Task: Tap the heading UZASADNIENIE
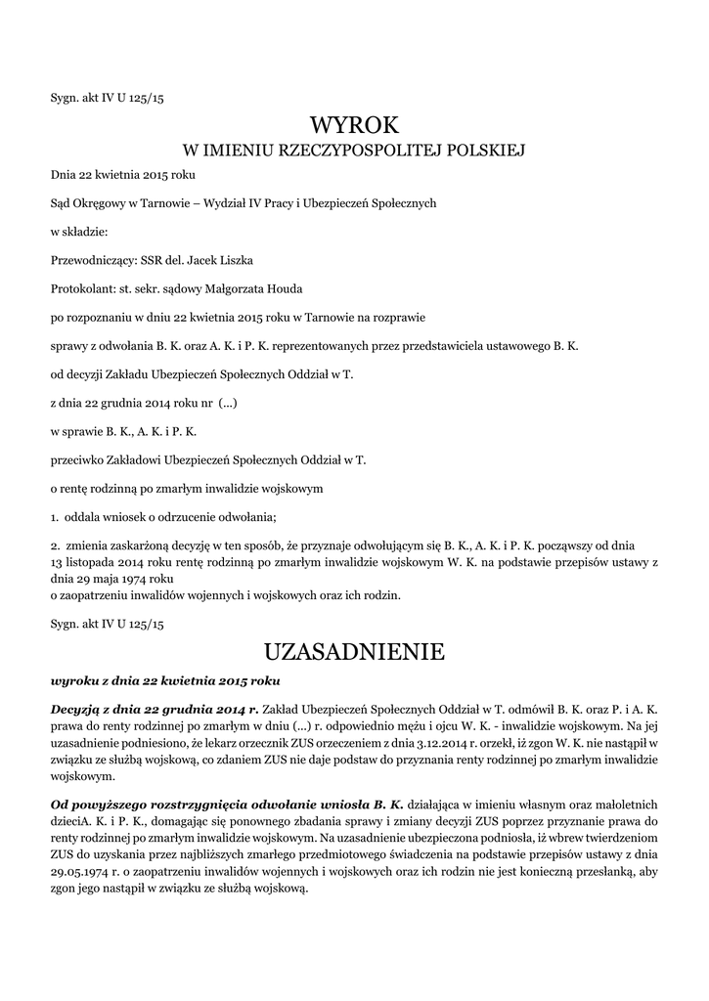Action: [355, 650]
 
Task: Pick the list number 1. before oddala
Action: [55, 515]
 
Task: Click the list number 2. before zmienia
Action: [55, 544]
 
